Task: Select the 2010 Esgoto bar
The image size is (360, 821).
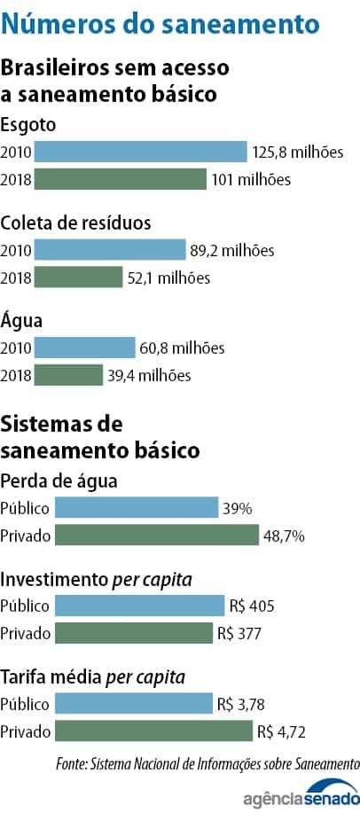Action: [x=140, y=152]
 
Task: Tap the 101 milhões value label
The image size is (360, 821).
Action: [x=251, y=180]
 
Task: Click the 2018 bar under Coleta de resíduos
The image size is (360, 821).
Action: [x=78, y=278]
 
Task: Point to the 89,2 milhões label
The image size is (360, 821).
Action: [x=232, y=250]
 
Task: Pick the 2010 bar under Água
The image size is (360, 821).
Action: [x=84, y=348]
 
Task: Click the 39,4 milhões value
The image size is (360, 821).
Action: [x=149, y=376]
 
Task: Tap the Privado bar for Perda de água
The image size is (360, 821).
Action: [x=156, y=536]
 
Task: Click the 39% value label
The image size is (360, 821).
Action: [x=238, y=508]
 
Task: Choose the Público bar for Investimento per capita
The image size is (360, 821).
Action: [x=139, y=606]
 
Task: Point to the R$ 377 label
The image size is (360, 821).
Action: [x=239, y=634]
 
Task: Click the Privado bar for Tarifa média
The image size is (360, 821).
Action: [x=153, y=731]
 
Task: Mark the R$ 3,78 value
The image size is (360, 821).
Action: [x=242, y=704]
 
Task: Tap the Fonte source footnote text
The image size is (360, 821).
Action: [x=207, y=763]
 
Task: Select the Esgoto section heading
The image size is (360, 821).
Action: [x=27, y=124]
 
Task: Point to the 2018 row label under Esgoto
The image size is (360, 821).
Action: [x=16, y=180]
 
